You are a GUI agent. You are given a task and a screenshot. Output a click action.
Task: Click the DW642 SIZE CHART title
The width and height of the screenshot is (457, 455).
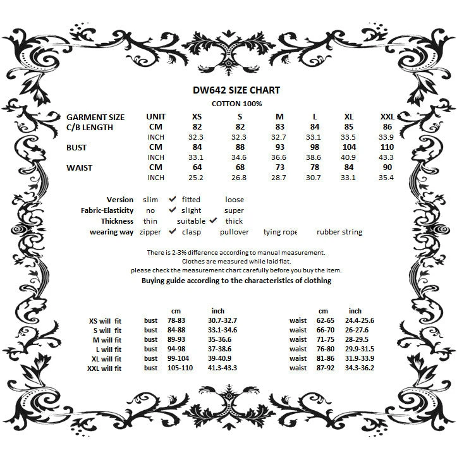[236, 90]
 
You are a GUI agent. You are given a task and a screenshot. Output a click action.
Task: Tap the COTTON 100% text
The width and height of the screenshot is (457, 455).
[236, 103]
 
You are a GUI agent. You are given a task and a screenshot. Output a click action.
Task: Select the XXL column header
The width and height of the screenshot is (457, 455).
[387, 117]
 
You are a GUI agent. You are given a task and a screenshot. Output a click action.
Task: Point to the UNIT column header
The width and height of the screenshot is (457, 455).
[155, 117]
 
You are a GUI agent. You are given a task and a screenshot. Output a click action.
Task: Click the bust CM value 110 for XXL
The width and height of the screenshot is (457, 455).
[387, 147]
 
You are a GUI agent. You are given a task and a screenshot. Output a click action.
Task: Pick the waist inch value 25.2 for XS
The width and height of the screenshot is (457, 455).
[197, 178]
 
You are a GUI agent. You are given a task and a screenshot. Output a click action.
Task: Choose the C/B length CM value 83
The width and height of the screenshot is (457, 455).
[280, 127]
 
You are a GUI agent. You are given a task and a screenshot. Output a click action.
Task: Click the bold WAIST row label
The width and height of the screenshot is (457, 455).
[79, 167]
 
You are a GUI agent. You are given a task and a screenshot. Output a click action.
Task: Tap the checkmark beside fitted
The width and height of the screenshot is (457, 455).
[172, 199]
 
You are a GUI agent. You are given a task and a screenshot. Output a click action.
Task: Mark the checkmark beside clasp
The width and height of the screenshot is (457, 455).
[172, 231]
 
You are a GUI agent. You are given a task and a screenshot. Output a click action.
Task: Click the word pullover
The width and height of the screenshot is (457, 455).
[235, 232]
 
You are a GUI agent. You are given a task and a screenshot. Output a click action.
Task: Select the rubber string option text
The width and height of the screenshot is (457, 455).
[339, 232]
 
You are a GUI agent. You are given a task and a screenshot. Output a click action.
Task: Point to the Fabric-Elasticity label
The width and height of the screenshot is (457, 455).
[107, 210]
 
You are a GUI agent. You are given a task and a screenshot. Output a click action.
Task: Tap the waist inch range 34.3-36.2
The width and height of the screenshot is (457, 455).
[359, 367]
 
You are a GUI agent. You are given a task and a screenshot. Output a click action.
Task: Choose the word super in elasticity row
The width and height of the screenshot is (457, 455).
[234, 210]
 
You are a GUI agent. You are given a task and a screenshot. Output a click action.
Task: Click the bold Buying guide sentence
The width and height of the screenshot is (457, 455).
[236, 279]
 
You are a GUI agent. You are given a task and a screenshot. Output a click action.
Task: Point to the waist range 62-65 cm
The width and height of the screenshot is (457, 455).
[325, 321]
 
